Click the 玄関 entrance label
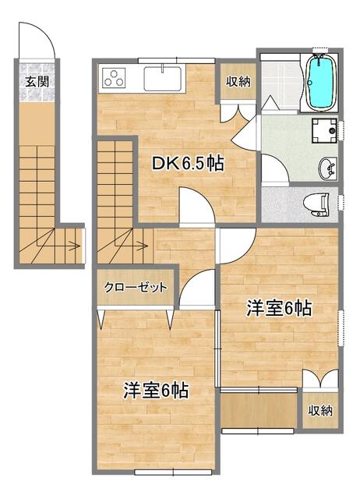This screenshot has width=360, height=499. click(35, 80)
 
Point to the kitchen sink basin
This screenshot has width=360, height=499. click(161, 79)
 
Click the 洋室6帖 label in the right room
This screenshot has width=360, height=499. click(281, 309)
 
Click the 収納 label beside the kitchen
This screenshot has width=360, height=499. click(238, 82)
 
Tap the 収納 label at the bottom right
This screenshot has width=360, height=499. click(320, 410)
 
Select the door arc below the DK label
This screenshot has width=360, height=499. click(196, 208)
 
